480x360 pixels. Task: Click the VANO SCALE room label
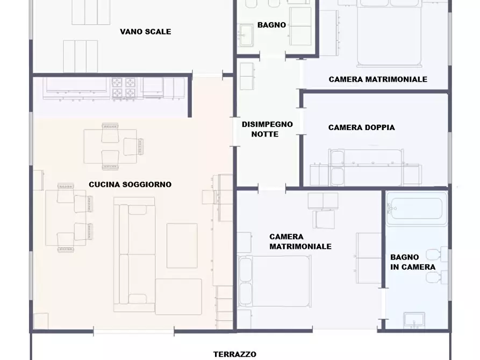145,32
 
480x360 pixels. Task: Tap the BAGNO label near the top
271,25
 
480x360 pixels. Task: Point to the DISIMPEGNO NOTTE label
267,129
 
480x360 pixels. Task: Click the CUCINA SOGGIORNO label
130,184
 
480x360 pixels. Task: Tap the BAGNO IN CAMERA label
412,262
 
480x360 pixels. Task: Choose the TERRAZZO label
234,354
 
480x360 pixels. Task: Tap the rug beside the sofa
182,245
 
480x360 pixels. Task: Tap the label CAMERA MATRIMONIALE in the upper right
378,80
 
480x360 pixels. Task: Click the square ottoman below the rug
178,296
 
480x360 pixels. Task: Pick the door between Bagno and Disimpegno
273,56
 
